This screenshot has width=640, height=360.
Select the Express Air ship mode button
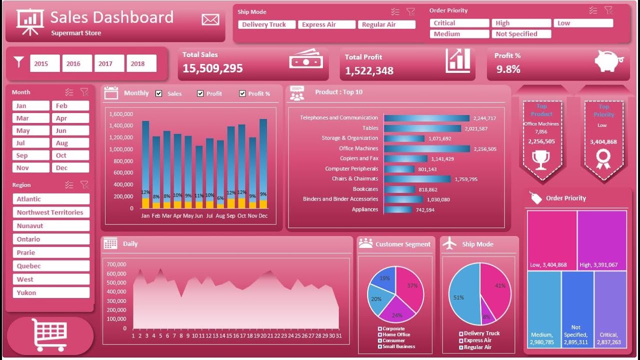326,24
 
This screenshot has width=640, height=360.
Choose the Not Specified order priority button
521,34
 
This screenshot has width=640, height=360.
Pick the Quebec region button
51,266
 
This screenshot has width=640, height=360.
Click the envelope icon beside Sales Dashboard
210,19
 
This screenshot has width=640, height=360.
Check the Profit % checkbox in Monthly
242,93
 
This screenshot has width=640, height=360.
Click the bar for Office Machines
427,148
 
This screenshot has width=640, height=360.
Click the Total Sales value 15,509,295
212,68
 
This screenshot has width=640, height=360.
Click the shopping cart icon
49,334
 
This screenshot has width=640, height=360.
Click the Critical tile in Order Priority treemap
610,309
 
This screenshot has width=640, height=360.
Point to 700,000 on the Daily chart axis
116,264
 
